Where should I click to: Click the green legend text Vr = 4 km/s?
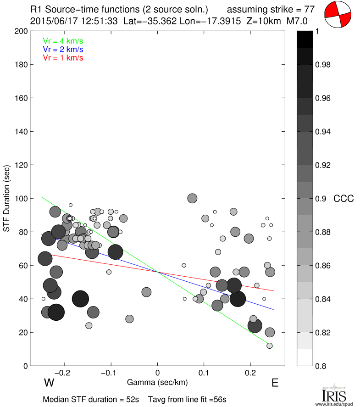coord(63,41)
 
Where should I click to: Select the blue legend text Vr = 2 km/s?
coord(63,49)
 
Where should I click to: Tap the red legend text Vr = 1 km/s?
coord(63,58)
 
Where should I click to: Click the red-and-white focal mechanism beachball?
coord(338,16)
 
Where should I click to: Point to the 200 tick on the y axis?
coord(20,31)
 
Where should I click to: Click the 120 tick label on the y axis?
coord(20,165)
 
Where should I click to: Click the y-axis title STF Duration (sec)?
coord(7,199)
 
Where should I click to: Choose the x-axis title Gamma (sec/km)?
coord(157,382)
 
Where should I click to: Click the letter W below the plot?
coord(49,383)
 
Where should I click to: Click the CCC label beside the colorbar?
coord(343,199)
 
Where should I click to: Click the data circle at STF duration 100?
coord(192,198)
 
